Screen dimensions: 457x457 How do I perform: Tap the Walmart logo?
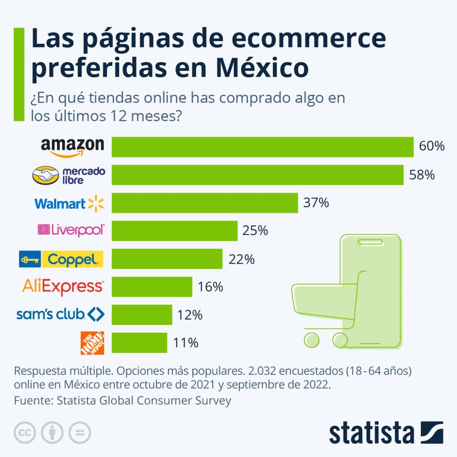coord(69,204)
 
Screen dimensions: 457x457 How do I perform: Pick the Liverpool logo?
coord(71,230)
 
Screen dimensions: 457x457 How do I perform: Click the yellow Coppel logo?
coord(61,259)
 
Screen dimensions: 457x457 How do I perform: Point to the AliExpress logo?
coord(63,287)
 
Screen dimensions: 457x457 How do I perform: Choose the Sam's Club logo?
coord(60,315)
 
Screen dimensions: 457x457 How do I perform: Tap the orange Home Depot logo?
coord(92,343)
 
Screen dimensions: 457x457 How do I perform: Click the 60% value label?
coord(432,146)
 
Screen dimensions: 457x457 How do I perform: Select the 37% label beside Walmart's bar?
coord(316,203)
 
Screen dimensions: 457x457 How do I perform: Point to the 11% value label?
coord(185,343)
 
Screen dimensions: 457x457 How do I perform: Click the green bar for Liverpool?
coord(174,231)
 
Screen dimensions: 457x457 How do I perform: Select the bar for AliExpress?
coord(152,287)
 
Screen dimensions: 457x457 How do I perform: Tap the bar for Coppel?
coord(167,259)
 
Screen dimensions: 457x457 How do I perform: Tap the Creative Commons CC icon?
coord(25,432)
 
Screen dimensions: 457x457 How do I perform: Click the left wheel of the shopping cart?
coord(312,340)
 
